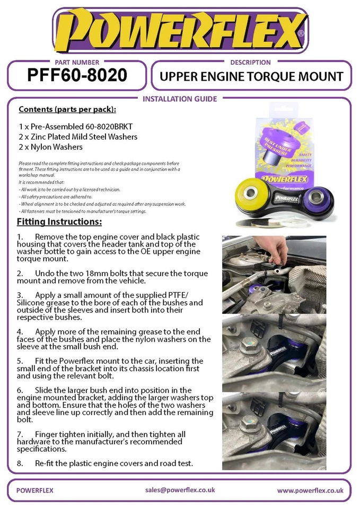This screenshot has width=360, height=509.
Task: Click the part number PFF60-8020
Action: coord(77,75)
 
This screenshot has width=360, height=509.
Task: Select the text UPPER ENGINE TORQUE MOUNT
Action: coord(251,76)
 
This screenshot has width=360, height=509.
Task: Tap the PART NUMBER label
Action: coord(76,62)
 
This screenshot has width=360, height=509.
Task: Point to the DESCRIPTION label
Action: coord(250,62)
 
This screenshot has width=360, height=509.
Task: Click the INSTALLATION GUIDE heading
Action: coord(180,99)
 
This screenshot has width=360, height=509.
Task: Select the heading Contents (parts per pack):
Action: coord(67,109)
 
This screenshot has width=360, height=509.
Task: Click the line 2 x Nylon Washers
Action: coord(50,146)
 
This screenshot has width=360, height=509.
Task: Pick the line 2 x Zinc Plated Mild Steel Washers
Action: coord(77,137)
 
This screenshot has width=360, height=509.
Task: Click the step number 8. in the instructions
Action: coord(20,463)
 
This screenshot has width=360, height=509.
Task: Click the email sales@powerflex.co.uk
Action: coord(180,490)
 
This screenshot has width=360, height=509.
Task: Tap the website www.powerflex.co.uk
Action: coord(310,490)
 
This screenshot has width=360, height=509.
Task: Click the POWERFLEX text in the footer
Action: coord(35,490)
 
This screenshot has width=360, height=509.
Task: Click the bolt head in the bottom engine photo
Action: coord(247,425)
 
